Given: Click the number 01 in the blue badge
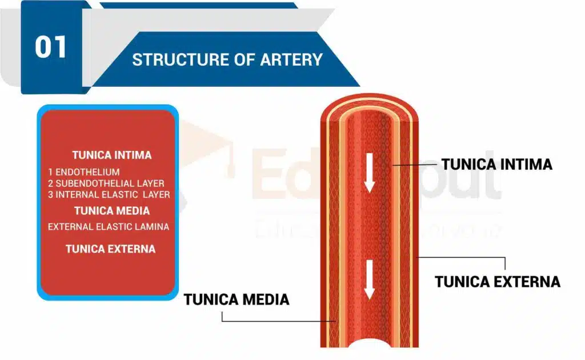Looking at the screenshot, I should point(51,47).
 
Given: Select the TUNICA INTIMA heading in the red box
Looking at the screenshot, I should point(112,155).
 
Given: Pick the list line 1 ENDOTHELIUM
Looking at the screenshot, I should point(84,171).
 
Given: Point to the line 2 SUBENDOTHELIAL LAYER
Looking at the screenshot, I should point(106,183).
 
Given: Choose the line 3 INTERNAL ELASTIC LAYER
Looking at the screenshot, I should point(109,195).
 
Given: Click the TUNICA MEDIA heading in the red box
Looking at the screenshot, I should point(112,210).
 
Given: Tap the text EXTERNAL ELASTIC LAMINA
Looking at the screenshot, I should point(109,227).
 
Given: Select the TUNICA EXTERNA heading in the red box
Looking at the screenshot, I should point(110,249).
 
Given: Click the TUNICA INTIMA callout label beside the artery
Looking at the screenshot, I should point(496,165).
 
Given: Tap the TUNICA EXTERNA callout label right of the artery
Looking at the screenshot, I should point(497,282).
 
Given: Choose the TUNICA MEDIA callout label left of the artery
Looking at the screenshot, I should point(237,299).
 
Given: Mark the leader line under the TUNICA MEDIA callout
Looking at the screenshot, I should point(274,320).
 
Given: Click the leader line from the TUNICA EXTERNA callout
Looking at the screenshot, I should point(463,257).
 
